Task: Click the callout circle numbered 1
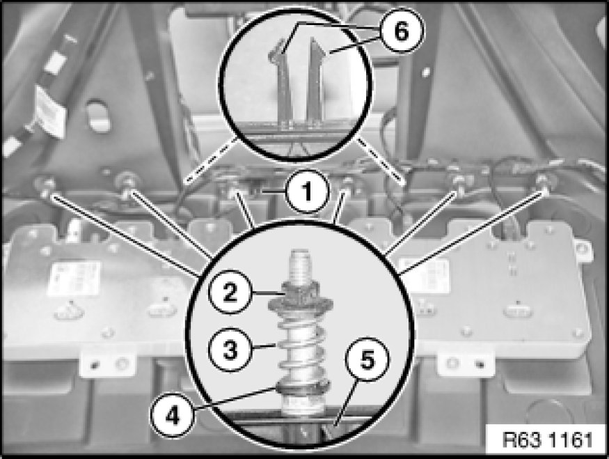(307, 192)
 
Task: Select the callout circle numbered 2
(230, 291)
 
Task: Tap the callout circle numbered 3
(230, 350)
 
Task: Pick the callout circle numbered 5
(367, 359)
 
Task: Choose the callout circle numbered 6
(401, 31)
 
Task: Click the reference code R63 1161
(548, 440)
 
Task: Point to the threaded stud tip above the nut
(300, 265)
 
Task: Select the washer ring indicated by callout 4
(302, 386)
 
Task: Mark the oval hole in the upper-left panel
(98, 116)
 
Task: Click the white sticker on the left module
(74, 279)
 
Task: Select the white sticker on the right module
(427, 276)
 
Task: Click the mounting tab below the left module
(108, 364)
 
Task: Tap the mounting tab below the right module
(466, 364)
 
